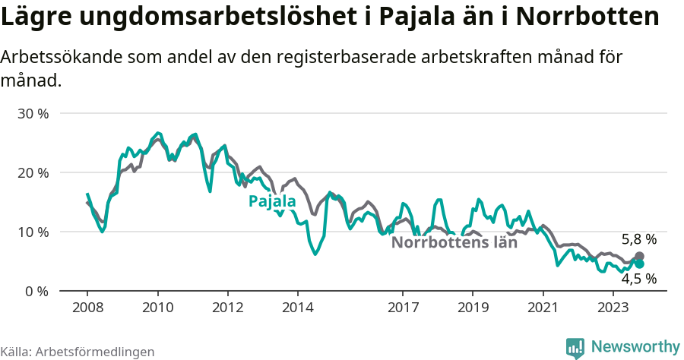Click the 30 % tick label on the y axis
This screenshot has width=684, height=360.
32,113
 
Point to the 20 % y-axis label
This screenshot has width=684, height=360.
32,172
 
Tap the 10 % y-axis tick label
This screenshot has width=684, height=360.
32,232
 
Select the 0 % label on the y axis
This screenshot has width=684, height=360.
36,291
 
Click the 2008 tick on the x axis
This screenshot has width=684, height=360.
87,307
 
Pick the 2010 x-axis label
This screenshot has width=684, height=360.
157,307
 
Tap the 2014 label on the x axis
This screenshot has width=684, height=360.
297,307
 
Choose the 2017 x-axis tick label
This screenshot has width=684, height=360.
403,307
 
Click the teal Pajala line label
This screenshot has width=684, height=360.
272,201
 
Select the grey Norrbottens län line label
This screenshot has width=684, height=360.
454,243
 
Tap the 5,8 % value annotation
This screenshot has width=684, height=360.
638,239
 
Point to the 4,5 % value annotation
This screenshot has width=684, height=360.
638,279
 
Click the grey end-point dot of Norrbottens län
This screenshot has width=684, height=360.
639,257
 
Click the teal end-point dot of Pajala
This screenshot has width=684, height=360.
639,264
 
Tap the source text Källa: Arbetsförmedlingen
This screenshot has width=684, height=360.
78,352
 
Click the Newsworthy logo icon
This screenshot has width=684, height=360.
575,347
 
